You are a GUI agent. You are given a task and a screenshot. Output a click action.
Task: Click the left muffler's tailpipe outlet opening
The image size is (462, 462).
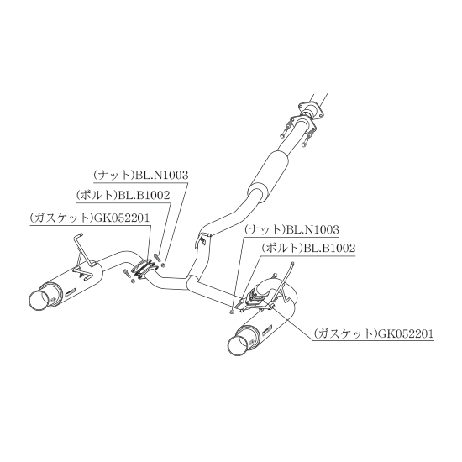39,300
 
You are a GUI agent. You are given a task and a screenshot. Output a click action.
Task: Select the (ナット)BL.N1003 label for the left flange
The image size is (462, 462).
140,176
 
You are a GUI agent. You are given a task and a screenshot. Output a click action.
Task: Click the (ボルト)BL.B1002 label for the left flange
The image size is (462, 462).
123,195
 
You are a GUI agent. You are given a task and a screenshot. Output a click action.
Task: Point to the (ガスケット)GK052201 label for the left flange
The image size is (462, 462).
90,218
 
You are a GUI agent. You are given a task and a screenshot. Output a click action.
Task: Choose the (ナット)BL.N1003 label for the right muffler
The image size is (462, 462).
291,229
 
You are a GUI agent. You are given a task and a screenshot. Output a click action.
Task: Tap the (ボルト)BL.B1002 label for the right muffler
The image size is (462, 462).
308,248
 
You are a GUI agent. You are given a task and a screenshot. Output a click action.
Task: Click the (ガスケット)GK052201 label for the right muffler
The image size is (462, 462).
373,333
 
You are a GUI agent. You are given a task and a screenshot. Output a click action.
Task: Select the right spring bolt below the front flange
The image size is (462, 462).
307,137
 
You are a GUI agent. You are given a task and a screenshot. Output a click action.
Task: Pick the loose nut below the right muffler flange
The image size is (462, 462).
232,312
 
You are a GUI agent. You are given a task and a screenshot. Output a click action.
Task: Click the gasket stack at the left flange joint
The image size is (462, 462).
144,269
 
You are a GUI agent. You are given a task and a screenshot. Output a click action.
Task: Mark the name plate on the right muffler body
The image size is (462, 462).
269,332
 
